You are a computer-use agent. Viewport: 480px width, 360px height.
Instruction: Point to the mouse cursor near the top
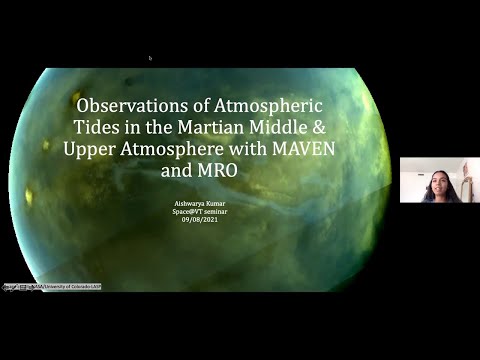[150, 58]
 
